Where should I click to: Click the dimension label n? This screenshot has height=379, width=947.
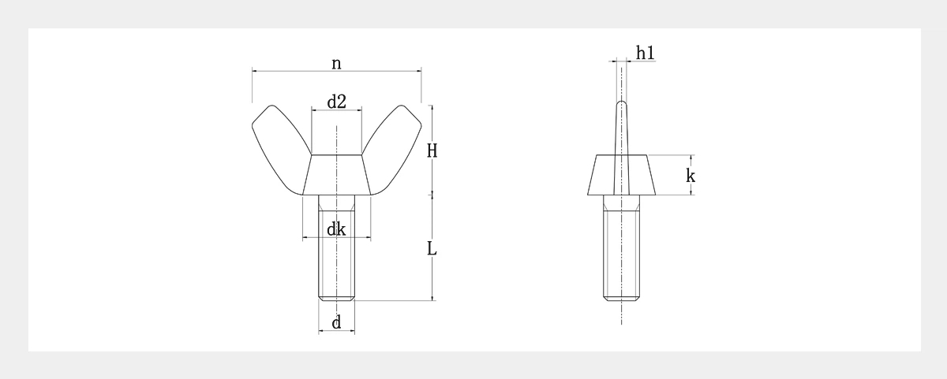336,64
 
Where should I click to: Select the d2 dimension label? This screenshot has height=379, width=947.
337,102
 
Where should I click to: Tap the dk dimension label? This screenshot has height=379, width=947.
337,229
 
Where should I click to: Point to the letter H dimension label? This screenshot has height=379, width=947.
432,150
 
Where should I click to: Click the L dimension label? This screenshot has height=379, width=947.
432,249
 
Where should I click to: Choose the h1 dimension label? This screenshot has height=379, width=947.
645,52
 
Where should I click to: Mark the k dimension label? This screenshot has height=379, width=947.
691,176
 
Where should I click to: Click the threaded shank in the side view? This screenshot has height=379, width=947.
621,252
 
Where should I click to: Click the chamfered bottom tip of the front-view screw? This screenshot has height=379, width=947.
337,298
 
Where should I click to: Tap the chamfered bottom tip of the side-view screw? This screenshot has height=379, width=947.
621,298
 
